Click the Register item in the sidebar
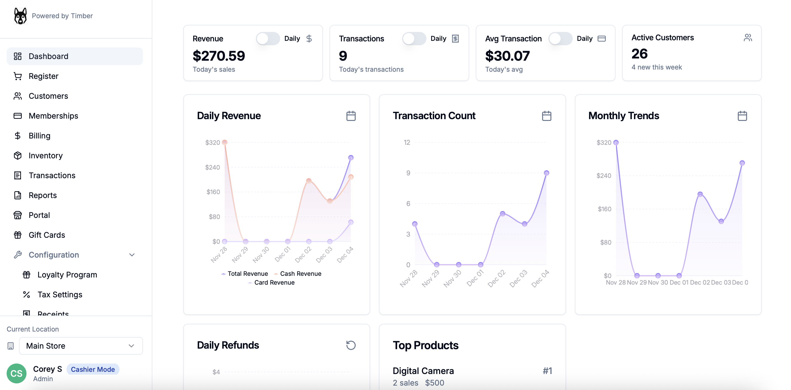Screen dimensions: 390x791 43,76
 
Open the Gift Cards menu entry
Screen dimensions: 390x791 47,235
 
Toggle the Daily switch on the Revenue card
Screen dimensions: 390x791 267,39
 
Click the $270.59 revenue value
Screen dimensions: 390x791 219,56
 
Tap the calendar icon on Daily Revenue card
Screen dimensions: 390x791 351,116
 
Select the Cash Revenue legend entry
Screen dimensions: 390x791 300,274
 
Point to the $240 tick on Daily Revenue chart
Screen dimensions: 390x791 213,167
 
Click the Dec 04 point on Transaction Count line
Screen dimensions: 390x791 546,173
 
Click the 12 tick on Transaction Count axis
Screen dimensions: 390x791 407,142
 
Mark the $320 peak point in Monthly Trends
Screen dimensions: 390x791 616,142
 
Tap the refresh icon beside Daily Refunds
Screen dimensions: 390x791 351,345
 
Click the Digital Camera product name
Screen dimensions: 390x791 423,371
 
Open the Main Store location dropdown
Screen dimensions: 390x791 81,346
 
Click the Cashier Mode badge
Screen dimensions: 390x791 93,369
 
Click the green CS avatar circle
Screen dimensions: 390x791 17,373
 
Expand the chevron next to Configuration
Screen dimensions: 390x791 132,255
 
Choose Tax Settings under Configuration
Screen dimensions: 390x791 60,295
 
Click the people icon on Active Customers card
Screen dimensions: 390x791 748,38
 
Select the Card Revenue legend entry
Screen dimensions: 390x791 274,283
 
